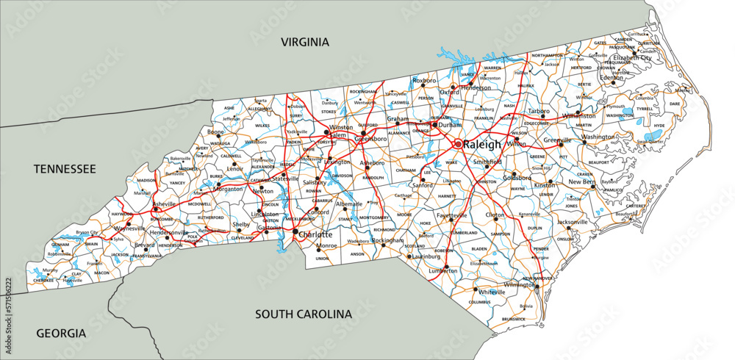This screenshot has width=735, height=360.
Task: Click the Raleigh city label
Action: (481, 145)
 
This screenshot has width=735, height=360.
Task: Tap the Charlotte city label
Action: (316, 235)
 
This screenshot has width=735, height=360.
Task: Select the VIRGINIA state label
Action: (306, 42)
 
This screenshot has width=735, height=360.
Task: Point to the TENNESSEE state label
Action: (65, 170)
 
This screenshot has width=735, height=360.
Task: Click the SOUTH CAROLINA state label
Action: (304, 314)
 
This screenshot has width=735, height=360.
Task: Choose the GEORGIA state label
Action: (61, 334)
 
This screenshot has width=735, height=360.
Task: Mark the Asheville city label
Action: (165, 204)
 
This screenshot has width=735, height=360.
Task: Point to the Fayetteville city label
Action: (451, 215)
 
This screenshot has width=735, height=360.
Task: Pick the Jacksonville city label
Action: (572, 222)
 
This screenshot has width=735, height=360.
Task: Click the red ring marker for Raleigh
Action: (457, 144)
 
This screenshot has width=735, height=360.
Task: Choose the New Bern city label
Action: (581, 181)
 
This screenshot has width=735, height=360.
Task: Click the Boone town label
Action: (215, 132)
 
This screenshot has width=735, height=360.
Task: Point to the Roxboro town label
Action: (424, 80)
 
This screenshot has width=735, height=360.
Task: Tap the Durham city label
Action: (449, 125)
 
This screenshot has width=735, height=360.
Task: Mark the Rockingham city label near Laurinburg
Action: (388, 240)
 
